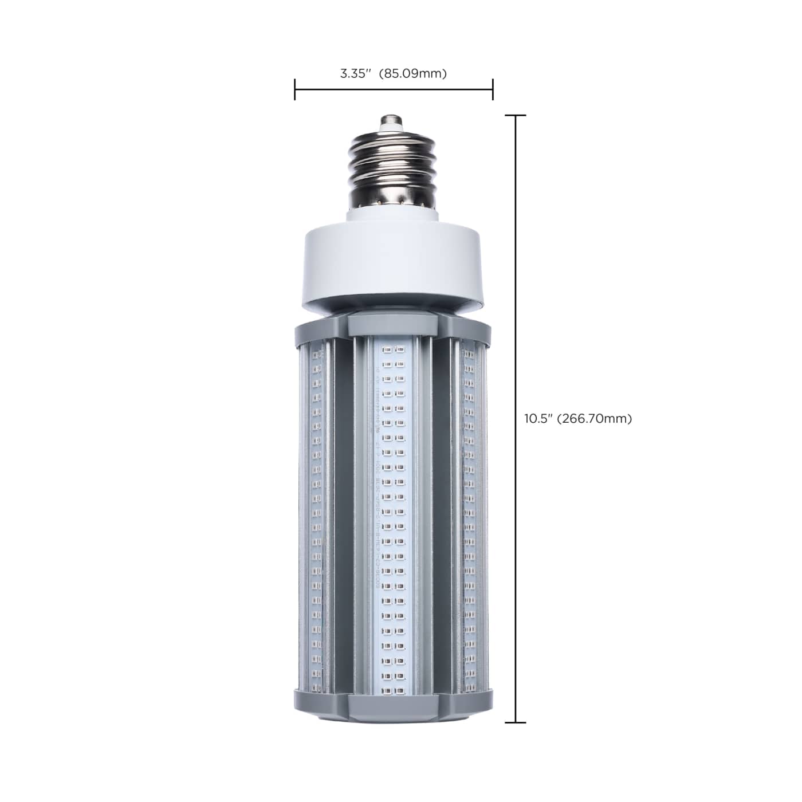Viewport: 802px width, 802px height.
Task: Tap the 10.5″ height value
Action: click(x=538, y=419)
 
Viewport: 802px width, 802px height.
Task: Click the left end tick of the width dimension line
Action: click(x=295, y=89)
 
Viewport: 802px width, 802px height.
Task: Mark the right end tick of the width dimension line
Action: click(x=493, y=89)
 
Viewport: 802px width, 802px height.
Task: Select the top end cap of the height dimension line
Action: click(x=516, y=116)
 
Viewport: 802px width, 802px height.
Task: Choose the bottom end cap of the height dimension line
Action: click(x=516, y=722)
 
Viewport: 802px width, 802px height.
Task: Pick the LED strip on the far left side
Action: click(x=317, y=516)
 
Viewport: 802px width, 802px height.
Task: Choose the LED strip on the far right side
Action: click(x=470, y=516)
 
